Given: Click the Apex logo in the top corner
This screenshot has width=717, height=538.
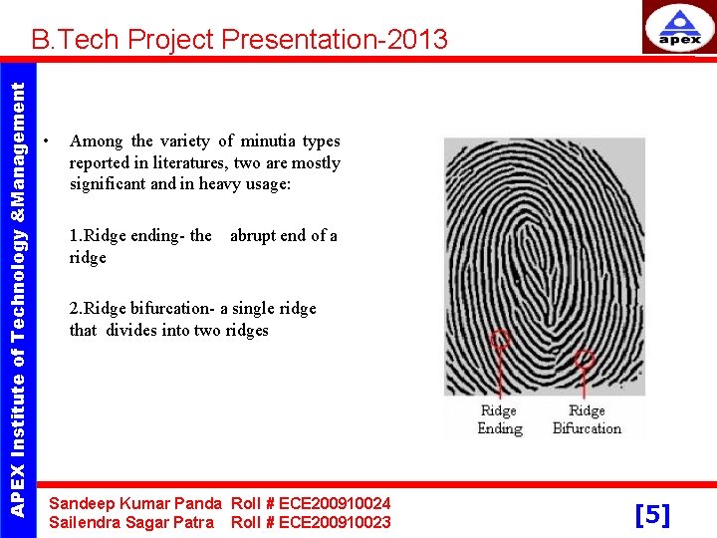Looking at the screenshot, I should tap(679, 27).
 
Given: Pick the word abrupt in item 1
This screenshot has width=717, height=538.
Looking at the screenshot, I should tap(255, 236).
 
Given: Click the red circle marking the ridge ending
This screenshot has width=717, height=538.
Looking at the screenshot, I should tap(500, 339).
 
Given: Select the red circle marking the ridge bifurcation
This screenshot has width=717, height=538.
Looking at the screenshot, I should tap(586, 360).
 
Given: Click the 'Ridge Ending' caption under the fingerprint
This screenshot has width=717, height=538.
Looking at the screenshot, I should tap(499, 419).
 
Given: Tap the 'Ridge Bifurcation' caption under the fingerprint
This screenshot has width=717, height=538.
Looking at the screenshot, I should tap(587, 419).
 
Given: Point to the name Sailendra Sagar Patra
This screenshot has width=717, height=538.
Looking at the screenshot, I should tap(130, 522).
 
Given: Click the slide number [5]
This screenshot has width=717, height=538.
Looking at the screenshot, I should tap(652, 514).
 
